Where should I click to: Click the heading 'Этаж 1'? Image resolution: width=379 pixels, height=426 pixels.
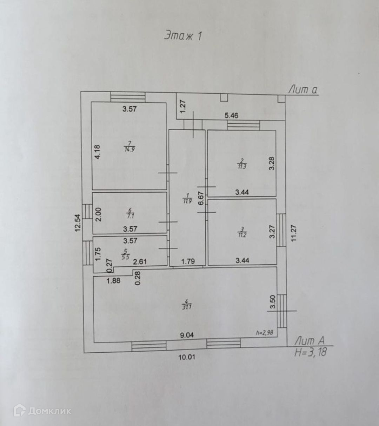point(183,36)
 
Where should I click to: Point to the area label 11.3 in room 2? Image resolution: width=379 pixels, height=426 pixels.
point(242,166)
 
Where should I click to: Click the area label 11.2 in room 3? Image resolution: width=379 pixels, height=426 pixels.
point(242,235)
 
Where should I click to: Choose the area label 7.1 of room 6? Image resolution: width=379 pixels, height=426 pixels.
point(129,216)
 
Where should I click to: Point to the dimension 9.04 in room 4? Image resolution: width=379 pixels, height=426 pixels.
point(187,335)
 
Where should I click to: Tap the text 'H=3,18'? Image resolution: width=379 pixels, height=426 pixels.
point(310,352)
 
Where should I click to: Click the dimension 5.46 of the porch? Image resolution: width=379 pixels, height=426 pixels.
point(231,115)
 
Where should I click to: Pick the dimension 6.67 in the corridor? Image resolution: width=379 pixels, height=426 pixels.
point(201,200)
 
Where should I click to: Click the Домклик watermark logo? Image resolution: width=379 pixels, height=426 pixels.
point(42,411)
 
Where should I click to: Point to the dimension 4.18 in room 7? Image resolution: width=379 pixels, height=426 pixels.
point(98,152)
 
